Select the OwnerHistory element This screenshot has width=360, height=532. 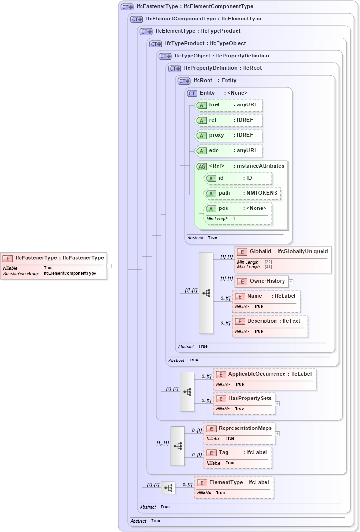262,281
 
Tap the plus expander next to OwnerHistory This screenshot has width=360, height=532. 291,282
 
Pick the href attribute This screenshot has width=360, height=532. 228,105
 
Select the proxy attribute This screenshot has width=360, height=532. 228,135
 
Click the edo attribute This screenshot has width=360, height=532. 228,151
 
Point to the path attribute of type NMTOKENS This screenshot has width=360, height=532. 242,193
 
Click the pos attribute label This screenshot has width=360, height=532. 224,209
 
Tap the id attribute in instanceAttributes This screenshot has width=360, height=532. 237,178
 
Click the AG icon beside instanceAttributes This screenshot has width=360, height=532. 202,166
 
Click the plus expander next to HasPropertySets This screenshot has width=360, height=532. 277,404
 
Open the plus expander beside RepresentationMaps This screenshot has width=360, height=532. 277,434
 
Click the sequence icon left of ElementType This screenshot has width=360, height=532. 168,487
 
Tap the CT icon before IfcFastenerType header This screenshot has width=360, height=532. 127,7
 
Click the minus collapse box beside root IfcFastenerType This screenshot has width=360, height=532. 109,266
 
